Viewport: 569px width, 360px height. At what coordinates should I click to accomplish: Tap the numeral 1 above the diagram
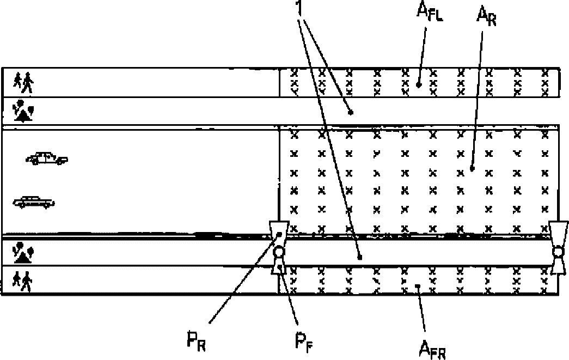(x=299, y=10)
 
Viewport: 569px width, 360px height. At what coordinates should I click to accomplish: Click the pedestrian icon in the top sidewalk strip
(x=24, y=83)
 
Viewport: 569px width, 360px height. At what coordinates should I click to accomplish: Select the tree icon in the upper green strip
(x=23, y=111)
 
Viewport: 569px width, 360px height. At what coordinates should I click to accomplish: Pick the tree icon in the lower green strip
(x=23, y=252)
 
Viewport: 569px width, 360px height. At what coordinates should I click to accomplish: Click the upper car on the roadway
(x=47, y=158)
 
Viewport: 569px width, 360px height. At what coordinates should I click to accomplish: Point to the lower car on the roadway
(x=34, y=203)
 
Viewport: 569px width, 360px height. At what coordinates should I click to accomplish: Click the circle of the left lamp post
(x=279, y=252)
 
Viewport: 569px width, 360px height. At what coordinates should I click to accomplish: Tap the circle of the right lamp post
(x=558, y=252)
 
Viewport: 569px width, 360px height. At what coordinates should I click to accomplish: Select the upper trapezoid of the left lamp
(x=279, y=232)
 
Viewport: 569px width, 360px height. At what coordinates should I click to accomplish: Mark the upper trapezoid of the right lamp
(x=559, y=231)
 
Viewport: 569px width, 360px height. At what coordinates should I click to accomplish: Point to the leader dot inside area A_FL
(x=418, y=84)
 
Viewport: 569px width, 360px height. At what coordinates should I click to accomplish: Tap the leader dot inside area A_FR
(x=418, y=284)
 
